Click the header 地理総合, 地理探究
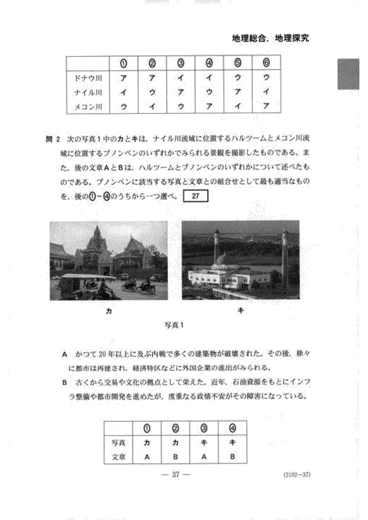pyautogui.click(x=271, y=39)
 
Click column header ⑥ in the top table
pyautogui.click(x=267, y=62)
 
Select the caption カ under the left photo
pyautogui.click(x=107, y=310)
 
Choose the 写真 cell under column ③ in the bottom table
pyautogui.click(x=204, y=442)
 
